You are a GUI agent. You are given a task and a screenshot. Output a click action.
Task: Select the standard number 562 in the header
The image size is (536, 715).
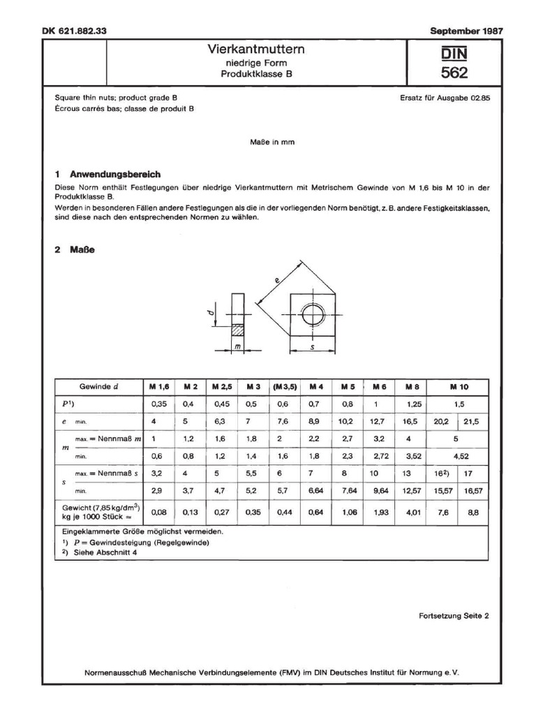click(x=454, y=73)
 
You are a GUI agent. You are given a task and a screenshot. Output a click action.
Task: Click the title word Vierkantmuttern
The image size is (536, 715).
click(x=256, y=50)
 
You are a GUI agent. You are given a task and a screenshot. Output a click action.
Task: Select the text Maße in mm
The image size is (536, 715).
click(x=272, y=142)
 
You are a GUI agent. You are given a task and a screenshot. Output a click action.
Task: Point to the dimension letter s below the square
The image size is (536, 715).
click(x=311, y=346)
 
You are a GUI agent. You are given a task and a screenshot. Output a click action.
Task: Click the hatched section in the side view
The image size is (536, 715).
click(x=237, y=327)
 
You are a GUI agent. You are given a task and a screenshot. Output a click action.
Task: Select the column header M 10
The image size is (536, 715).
click(x=459, y=387)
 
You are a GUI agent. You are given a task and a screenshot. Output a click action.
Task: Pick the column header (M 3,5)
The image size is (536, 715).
click(x=285, y=387)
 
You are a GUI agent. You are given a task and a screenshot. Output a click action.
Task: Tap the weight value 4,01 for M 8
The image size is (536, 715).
click(x=410, y=512)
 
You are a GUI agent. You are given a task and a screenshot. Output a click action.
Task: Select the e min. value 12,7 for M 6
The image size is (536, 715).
click(x=380, y=421)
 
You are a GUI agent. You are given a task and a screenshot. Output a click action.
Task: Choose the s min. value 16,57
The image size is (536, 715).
click(x=474, y=492)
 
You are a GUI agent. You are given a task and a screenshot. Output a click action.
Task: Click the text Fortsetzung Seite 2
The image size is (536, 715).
click(x=454, y=616)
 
